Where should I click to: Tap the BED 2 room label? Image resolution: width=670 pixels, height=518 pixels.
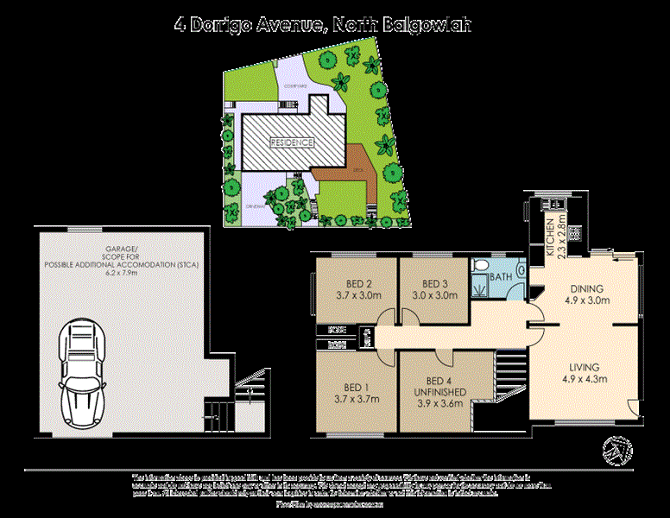tap(353, 284)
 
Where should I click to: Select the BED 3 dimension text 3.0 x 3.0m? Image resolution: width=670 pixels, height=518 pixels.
tap(435, 295)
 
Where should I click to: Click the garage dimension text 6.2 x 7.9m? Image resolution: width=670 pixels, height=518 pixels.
tap(120, 272)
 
